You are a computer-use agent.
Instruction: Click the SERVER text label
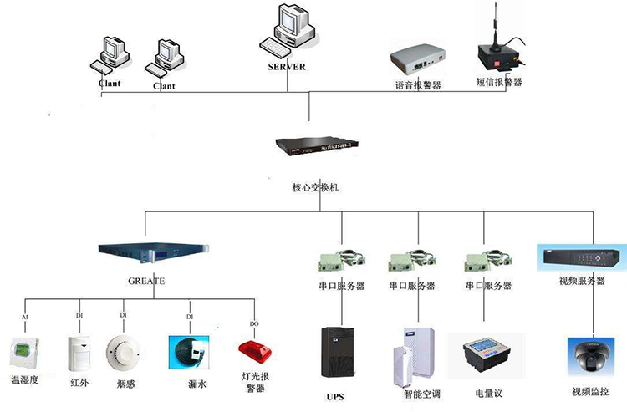(286, 67)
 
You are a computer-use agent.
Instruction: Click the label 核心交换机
(309, 187)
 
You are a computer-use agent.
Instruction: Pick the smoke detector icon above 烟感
(123, 352)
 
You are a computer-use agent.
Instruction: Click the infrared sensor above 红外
(79, 354)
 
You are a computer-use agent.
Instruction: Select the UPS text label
(335, 396)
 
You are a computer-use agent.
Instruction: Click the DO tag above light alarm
(255, 323)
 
